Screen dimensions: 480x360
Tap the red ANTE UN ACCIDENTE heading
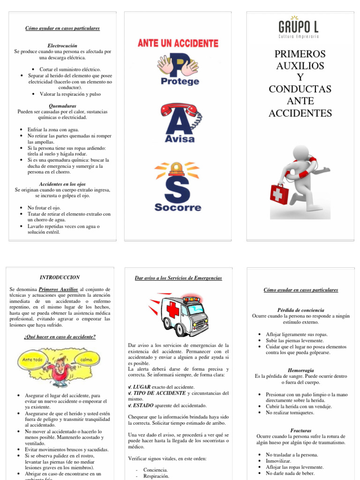click(178, 43)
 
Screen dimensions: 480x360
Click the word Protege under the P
click(180, 81)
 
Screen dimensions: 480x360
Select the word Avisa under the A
click(180, 139)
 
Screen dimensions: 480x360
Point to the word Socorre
click(178, 207)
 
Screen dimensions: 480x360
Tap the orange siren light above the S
click(177, 168)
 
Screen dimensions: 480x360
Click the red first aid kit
click(280, 193)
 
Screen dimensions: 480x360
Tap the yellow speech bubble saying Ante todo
click(32, 360)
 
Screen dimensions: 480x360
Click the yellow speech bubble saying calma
click(87, 360)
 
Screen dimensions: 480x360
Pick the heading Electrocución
click(62, 45)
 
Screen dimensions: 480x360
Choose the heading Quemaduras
click(62, 106)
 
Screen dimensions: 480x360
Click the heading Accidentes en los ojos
click(62, 184)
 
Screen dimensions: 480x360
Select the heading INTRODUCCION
click(60, 277)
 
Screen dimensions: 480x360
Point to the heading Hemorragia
click(301, 370)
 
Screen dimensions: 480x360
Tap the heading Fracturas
click(301, 430)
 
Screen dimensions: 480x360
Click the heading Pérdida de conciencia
click(300, 310)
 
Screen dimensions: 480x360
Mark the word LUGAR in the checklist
click(142, 387)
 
